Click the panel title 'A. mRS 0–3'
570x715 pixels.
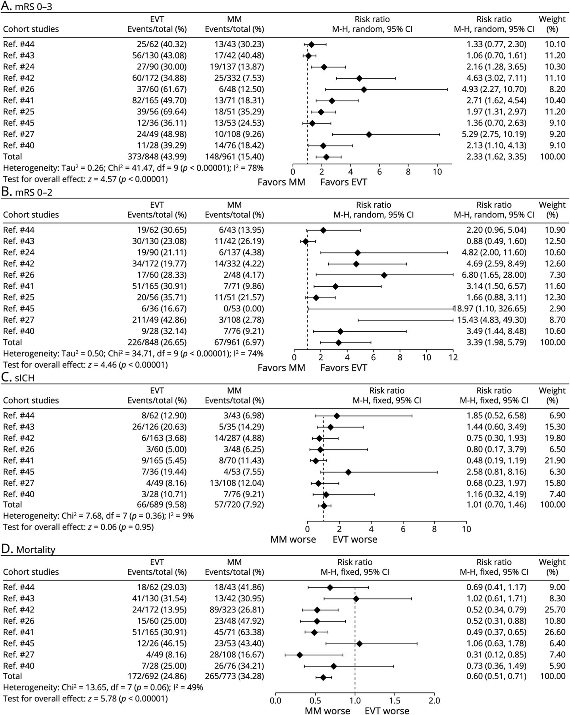[27, 6]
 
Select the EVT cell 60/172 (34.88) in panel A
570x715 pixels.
[157, 78]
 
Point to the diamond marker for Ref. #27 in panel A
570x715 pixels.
[369, 134]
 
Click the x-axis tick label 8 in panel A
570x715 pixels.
[408, 172]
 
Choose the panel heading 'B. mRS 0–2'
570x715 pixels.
[27, 192]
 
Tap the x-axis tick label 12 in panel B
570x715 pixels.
[453, 357]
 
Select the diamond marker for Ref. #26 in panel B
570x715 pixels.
[384, 275]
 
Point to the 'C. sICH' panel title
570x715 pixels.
[18, 378]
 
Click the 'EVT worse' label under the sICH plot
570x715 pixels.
[355, 539]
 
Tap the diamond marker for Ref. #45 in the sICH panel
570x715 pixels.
[349, 472]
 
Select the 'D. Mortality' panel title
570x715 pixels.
[28, 550]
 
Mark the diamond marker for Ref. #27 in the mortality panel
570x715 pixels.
[300, 655]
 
